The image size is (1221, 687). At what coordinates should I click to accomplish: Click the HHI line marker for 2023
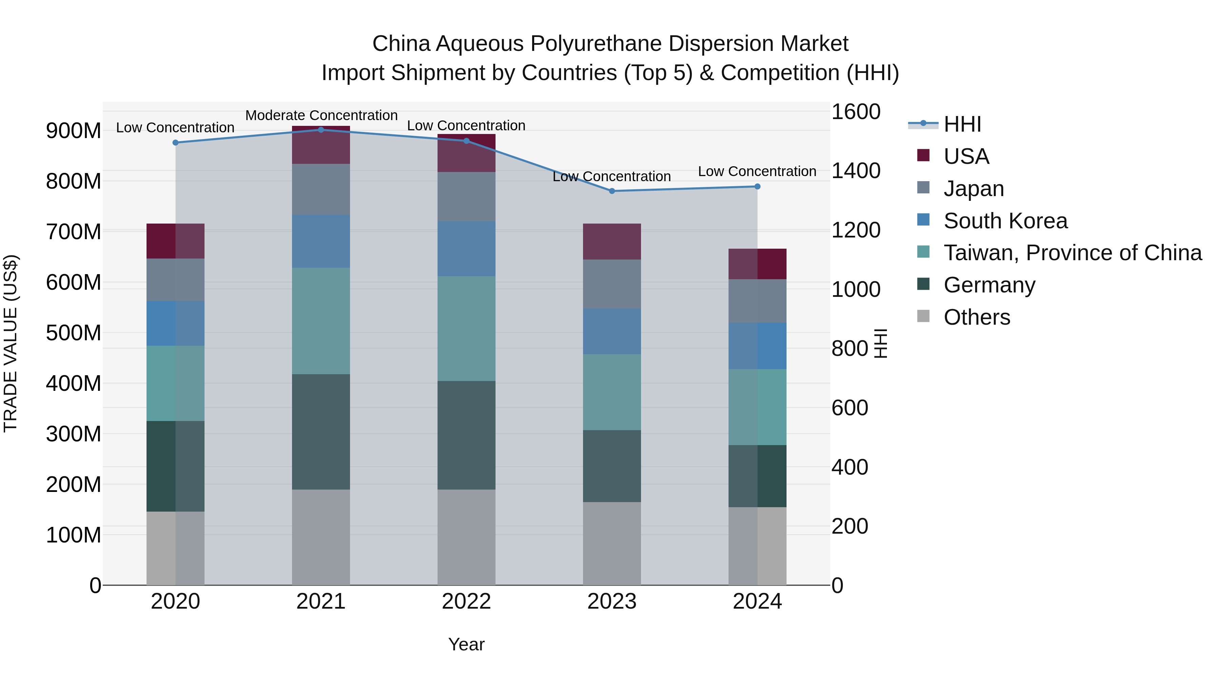[x=612, y=191]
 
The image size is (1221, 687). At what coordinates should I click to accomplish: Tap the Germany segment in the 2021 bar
[x=321, y=432]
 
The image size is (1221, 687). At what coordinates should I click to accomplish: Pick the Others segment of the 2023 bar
[x=612, y=543]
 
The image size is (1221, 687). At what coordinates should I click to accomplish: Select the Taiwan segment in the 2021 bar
[x=321, y=321]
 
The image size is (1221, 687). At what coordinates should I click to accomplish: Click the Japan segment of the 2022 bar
[x=466, y=196]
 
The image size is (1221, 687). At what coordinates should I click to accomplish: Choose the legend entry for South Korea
[x=1005, y=221]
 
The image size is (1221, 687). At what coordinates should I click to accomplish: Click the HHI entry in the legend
[x=962, y=124]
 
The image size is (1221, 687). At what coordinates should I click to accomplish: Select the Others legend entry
[x=976, y=317]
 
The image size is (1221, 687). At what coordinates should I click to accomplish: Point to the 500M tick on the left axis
[x=74, y=333]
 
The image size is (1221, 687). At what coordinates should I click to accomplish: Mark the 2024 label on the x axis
[x=757, y=601]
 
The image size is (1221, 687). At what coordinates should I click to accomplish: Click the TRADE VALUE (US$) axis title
[x=11, y=343]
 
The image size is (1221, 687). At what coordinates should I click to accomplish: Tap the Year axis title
[x=466, y=644]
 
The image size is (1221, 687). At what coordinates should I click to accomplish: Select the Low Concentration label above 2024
[x=757, y=171]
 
